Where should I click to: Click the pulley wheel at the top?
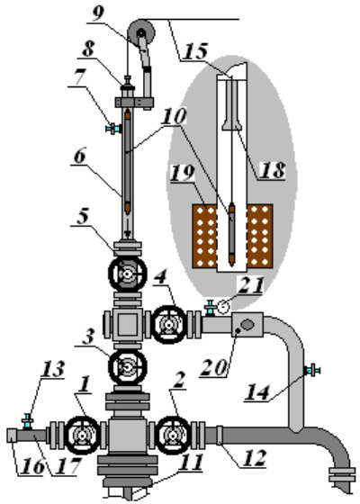pos(141,32)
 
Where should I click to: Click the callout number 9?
pos(99,13)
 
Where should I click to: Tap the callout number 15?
pos(195,51)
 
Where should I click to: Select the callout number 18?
pos(273,169)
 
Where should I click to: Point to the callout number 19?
pos(183,173)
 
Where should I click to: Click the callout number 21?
pos(251,285)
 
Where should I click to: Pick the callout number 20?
pos(214,367)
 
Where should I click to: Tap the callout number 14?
pos(257,392)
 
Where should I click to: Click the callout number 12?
pos(255,458)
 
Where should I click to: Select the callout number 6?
pos(80,157)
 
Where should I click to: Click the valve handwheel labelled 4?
pos(169,324)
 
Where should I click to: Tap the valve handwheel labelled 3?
pos(128,367)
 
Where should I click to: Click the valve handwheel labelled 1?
pos(83,436)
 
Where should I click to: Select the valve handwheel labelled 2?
pos(173,436)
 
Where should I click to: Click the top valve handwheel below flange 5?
pos(128,274)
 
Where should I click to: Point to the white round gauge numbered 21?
pos(223,307)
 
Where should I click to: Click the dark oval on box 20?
pos(247,324)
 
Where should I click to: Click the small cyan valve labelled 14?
pos(312,370)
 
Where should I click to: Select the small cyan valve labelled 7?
pos(113,128)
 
